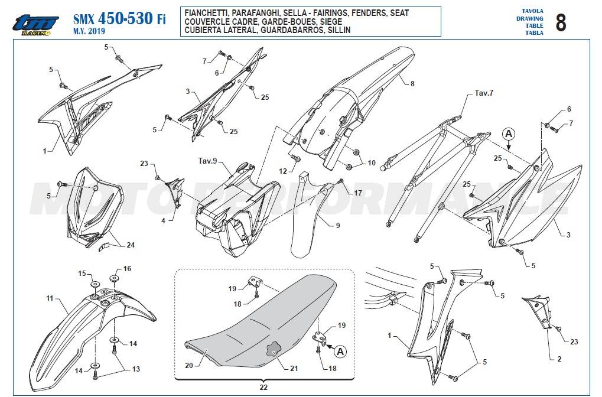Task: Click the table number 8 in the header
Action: [560, 22]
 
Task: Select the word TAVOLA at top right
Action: [532, 11]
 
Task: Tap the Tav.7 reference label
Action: [484, 93]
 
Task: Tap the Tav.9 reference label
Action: [207, 161]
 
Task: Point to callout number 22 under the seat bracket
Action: [263, 387]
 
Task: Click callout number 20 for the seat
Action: [189, 366]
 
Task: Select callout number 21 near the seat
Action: [294, 368]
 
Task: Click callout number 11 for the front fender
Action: [50, 298]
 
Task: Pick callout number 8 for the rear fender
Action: [412, 83]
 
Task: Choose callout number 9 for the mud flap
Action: [338, 225]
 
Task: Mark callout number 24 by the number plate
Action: [131, 245]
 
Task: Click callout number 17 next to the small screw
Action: [358, 193]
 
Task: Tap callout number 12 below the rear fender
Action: [283, 171]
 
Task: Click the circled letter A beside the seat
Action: [340, 352]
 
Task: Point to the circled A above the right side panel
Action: [509, 134]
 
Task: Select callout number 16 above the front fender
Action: [127, 269]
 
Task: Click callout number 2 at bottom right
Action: [559, 359]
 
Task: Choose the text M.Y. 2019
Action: [89, 31]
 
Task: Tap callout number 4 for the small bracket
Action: [163, 221]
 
